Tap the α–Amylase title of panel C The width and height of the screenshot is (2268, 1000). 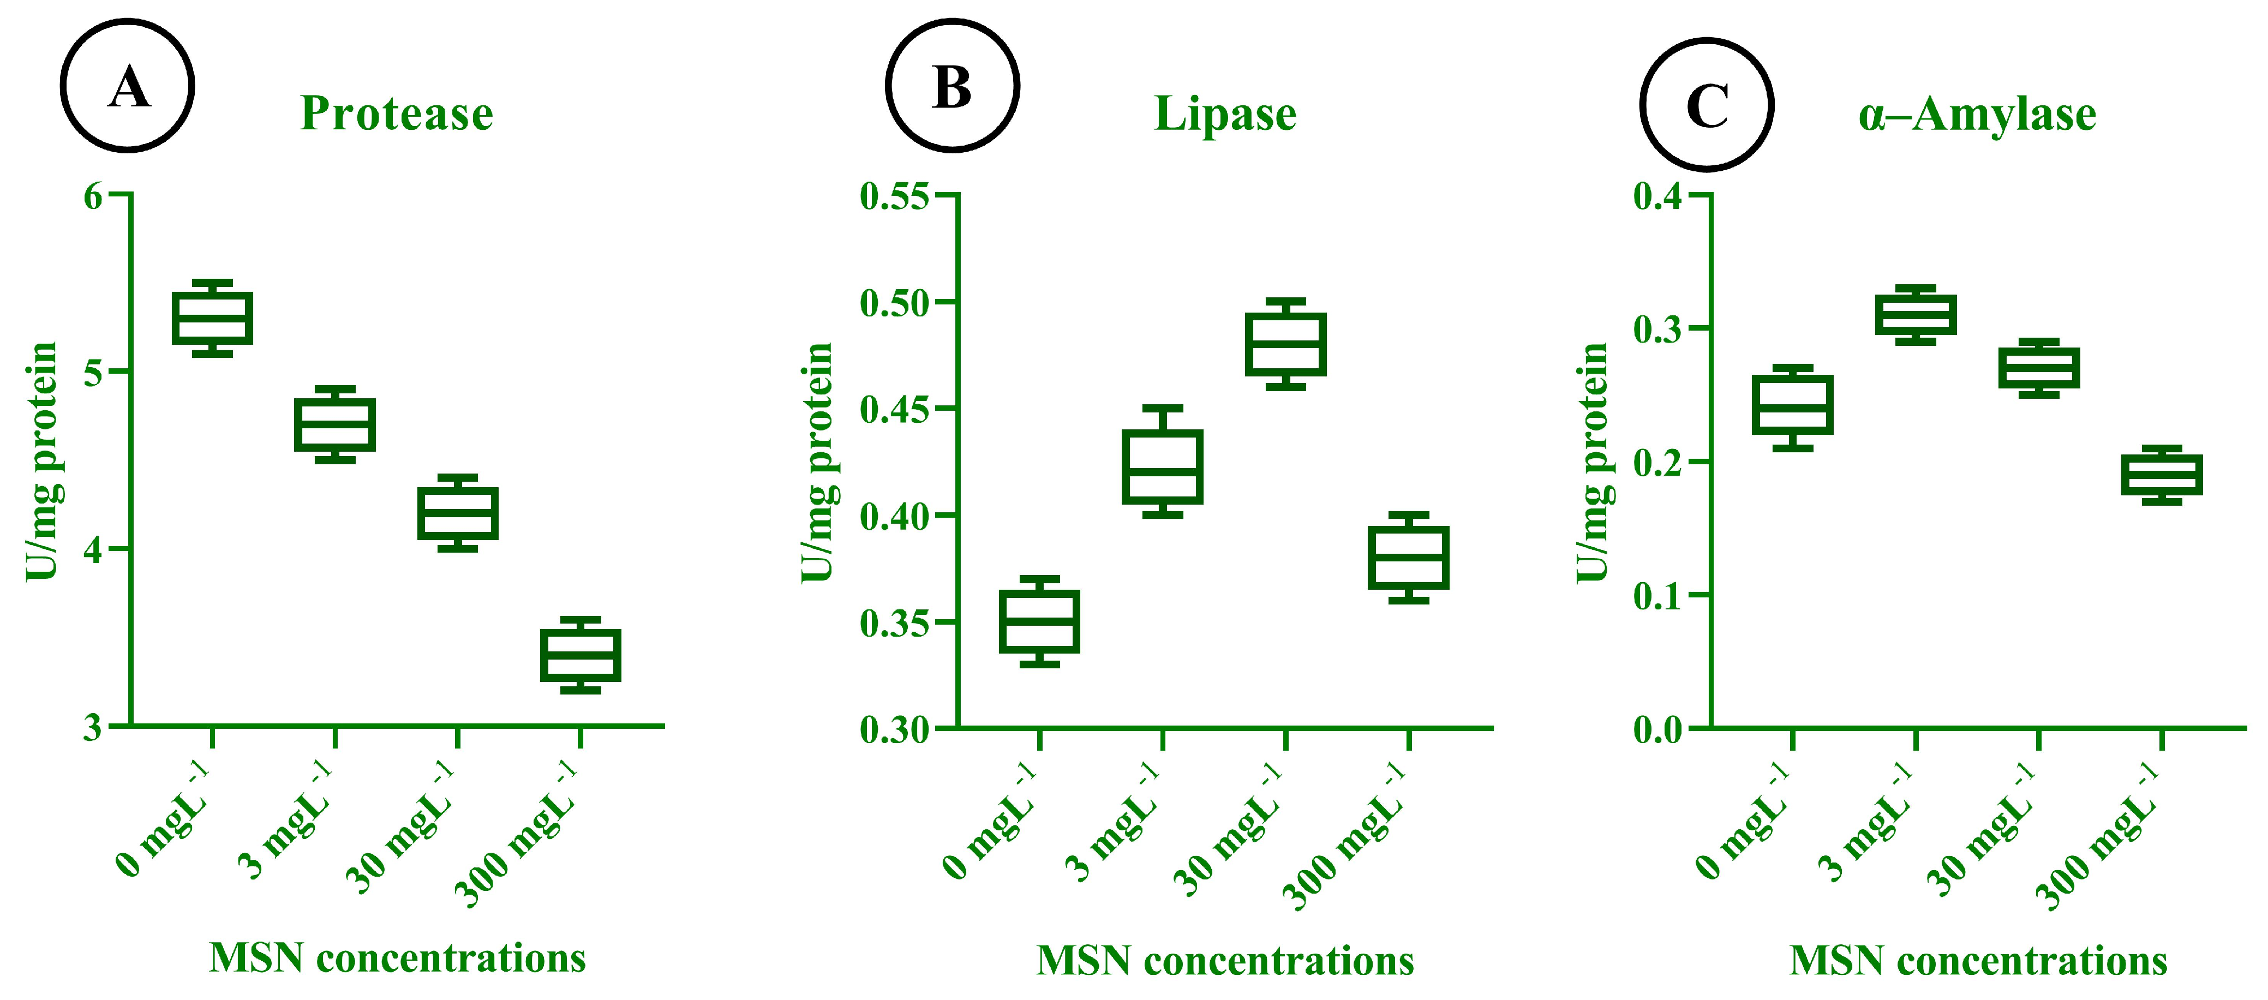point(1977,115)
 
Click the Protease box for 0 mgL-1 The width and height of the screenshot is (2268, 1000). point(212,318)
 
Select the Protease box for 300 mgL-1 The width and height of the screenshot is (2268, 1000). point(580,655)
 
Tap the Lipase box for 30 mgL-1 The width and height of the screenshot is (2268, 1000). point(1285,344)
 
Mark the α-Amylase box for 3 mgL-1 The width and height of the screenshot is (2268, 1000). point(1915,314)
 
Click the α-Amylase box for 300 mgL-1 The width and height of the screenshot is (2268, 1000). point(2162,475)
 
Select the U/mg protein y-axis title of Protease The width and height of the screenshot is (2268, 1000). point(41,462)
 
